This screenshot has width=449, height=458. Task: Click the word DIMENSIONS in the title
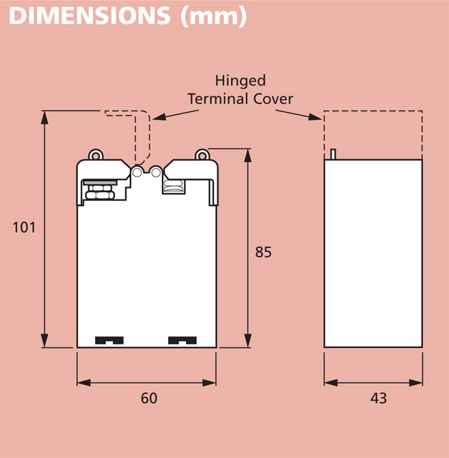point(89,16)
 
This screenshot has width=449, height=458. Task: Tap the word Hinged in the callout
point(240,81)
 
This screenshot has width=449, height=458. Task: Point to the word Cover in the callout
point(273,98)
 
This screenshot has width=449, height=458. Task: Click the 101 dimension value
point(24,228)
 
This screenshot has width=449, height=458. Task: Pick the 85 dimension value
point(263,252)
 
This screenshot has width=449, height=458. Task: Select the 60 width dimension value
point(148,397)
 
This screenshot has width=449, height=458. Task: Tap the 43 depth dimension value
point(378,397)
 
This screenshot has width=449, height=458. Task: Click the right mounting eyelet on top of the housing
point(202,154)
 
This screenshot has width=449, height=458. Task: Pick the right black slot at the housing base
point(182,340)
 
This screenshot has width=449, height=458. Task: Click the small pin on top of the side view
point(333,154)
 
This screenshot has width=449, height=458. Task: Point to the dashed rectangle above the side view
point(372,134)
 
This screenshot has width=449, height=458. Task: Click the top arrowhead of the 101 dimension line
point(45,116)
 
